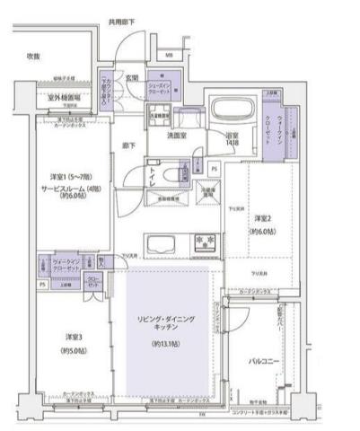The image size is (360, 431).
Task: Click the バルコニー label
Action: click(x=267, y=362)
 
